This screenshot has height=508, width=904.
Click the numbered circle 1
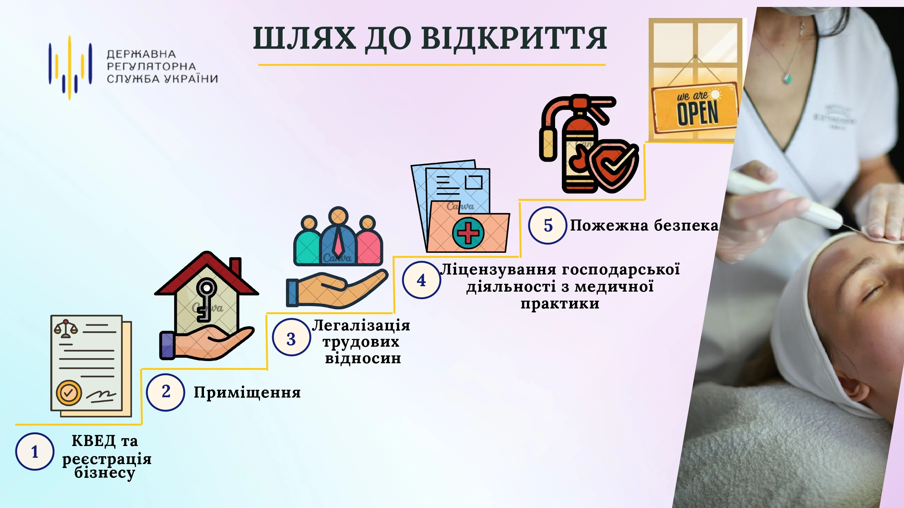pyautogui.click(x=34, y=451)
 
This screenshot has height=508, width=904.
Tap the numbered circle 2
pyautogui.click(x=165, y=392)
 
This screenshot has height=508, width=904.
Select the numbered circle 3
pyautogui.click(x=291, y=337)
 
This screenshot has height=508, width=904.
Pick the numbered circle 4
pyautogui.click(x=421, y=280)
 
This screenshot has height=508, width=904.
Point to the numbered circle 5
pyautogui.click(x=548, y=225)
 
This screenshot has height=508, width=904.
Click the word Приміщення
pyautogui.click(x=247, y=393)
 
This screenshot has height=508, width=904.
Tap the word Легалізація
pyautogui.click(x=361, y=325)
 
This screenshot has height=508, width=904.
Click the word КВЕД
pyautogui.click(x=93, y=441)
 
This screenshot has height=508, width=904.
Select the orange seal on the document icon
pyautogui.click(x=69, y=393)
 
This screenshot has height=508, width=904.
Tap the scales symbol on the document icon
pyautogui.click(x=65, y=328)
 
